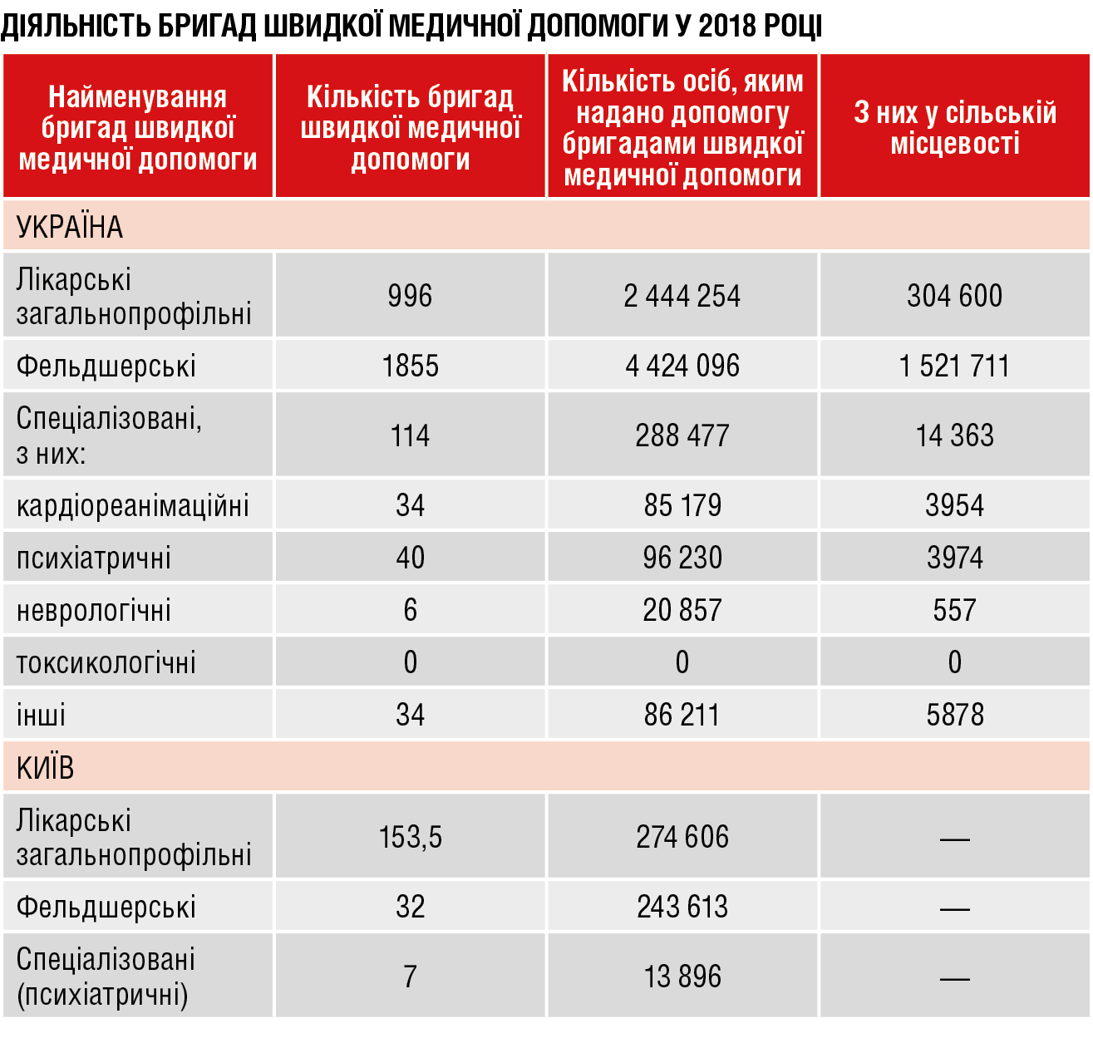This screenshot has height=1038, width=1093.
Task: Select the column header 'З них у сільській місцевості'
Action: point(954,127)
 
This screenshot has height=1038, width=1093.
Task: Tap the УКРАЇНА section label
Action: point(70,226)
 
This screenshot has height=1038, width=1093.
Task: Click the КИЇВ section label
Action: point(45,767)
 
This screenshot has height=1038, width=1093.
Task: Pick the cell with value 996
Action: point(410,295)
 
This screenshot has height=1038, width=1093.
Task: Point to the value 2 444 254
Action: point(682,295)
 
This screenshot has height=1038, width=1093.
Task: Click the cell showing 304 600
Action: point(954,295)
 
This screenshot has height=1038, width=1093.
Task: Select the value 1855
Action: point(411,366)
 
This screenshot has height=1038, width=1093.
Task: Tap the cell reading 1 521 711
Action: point(954,366)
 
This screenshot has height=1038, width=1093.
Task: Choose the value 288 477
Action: point(682,435)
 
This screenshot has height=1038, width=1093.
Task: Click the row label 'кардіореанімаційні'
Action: point(132,505)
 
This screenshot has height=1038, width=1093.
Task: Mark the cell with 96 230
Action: point(682,558)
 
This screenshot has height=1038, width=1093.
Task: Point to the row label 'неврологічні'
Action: point(93,610)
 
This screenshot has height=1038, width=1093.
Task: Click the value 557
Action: point(954,610)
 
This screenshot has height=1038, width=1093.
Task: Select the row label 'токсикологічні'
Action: point(106,662)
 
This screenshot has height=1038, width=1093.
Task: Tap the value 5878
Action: point(954,715)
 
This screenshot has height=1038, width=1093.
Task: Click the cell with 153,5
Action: point(411,837)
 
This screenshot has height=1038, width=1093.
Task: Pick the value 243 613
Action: point(682,907)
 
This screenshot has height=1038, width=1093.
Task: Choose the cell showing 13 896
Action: point(682,977)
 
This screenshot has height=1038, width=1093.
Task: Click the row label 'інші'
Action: point(41,714)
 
